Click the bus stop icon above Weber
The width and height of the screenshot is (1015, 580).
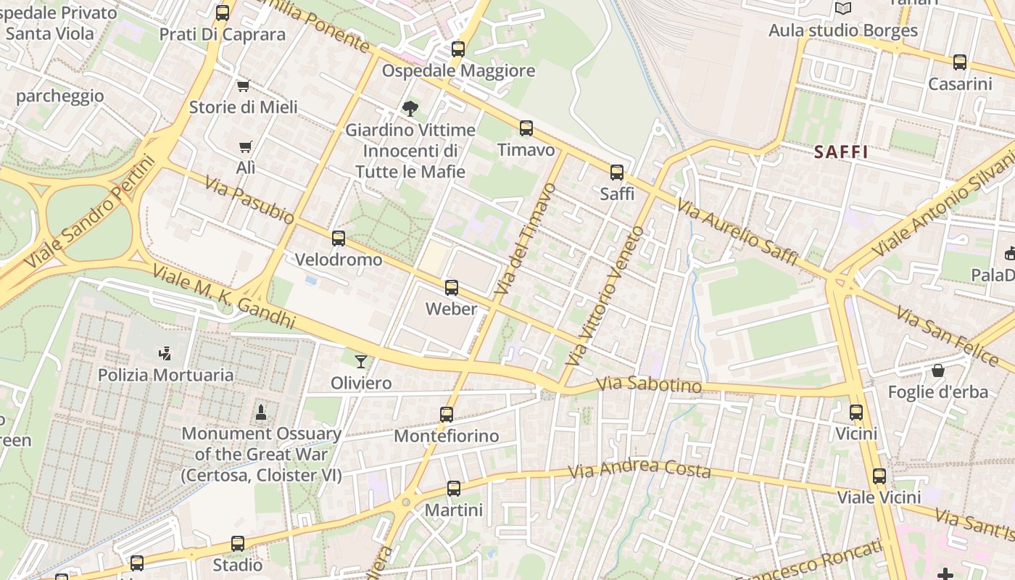452,288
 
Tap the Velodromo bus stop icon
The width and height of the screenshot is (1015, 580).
338,239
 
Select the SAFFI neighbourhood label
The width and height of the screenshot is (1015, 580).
841,152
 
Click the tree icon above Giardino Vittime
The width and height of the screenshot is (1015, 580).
410,109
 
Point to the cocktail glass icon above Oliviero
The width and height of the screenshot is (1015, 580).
361,361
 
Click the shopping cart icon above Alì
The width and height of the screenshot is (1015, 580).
245,146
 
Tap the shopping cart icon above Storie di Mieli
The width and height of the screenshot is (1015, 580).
244,86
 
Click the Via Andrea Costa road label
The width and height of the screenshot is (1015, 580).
639,470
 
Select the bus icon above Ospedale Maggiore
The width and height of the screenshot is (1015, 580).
457,49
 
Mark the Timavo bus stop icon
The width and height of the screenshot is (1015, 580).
526,128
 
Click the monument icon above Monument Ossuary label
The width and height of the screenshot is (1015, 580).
261,413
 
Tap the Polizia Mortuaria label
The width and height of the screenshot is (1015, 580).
165,375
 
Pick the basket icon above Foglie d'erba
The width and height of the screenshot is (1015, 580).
938,370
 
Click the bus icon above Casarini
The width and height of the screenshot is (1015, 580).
960,62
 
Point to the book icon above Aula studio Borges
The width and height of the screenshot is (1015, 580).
842,9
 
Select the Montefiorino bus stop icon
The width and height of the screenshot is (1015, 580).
447,415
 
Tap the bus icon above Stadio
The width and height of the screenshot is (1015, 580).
238,544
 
